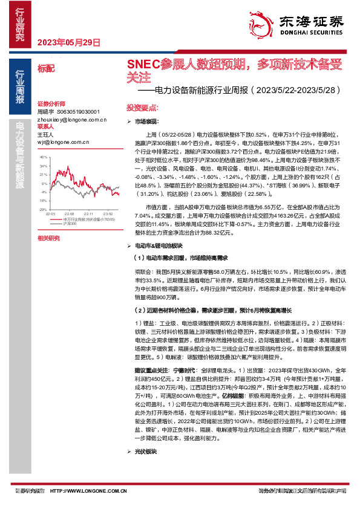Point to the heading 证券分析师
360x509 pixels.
50,104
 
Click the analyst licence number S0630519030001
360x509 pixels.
82,112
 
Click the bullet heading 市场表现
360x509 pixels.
146,122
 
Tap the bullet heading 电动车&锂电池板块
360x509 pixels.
159,245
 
